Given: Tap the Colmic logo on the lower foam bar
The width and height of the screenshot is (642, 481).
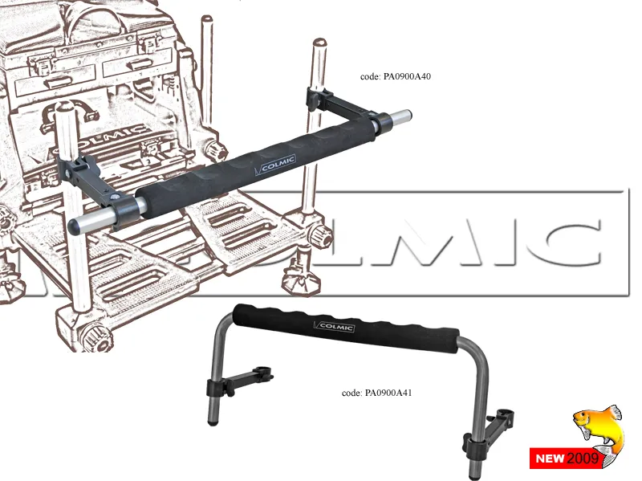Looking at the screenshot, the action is tap(334, 327).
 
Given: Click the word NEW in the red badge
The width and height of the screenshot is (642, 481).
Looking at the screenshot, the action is tap(551, 459).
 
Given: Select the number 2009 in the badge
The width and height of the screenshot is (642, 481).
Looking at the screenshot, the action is tap(583, 458).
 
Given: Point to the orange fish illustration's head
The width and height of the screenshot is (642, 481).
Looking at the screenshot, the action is tap(583, 419).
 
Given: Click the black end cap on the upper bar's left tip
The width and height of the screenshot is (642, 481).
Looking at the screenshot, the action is tap(74, 226).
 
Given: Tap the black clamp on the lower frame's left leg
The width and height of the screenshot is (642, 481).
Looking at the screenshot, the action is tap(216, 386).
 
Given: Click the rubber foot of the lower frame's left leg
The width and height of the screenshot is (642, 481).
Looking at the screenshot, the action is tap(212, 422).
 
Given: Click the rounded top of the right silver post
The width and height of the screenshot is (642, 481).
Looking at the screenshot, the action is tap(319, 43).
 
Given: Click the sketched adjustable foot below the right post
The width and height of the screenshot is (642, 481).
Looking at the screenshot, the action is tap(301, 279).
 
